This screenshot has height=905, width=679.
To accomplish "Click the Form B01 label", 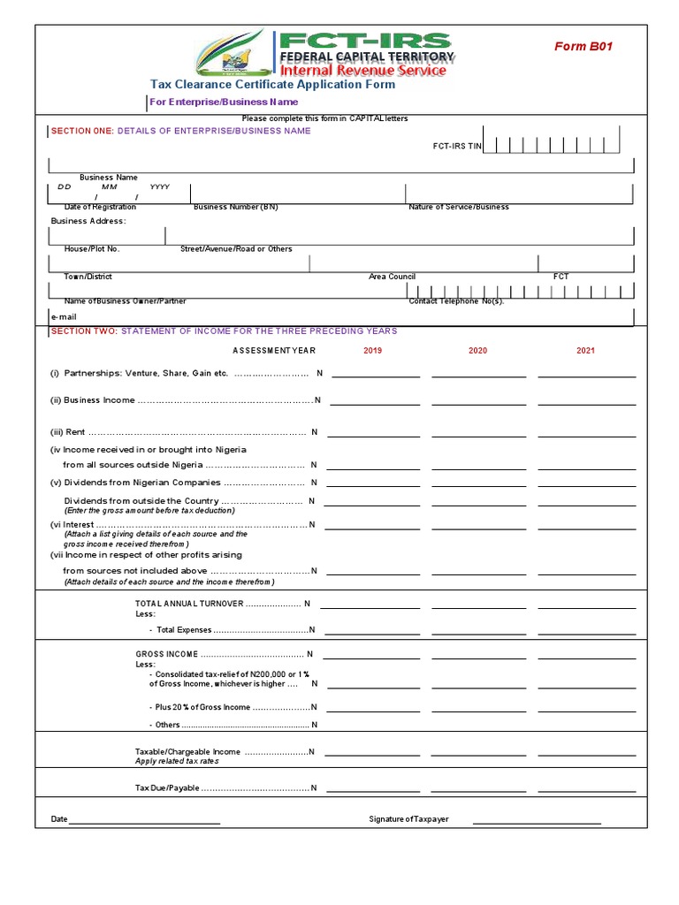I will pyautogui.click(x=583, y=47).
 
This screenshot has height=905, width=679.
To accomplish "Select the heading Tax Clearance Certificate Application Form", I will pyautogui.click(x=272, y=85).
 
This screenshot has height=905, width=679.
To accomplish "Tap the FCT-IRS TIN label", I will pyautogui.click(x=457, y=147).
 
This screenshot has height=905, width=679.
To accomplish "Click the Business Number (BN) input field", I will pyautogui.click(x=297, y=194).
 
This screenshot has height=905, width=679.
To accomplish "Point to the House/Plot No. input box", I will pyautogui.click(x=107, y=235).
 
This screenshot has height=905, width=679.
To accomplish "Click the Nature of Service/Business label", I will pyautogui.click(x=458, y=207).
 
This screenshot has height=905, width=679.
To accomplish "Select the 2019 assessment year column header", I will pyautogui.click(x=373, y=351).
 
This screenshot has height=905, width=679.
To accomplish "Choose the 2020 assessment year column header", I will pyautogui.click(x=477, y=351).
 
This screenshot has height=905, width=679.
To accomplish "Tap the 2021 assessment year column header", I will pyautogui.click(x=585, y=351).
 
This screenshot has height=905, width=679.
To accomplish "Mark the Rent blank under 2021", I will pyautogui.click(x=586, y=432).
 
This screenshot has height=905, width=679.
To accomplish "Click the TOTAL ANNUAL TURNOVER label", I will pyautogui.click(x=217, y=604).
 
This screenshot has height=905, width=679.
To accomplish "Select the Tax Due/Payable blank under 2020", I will pyautogui.click(x=478, y=788).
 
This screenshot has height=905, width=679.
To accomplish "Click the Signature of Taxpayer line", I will pyautogui.click(x=536, y=819).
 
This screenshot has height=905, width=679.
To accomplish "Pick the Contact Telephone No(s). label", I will pyautogui.click(x=456, y=301).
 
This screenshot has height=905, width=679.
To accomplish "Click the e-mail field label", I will pyautogui.click(x=65, y=316).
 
